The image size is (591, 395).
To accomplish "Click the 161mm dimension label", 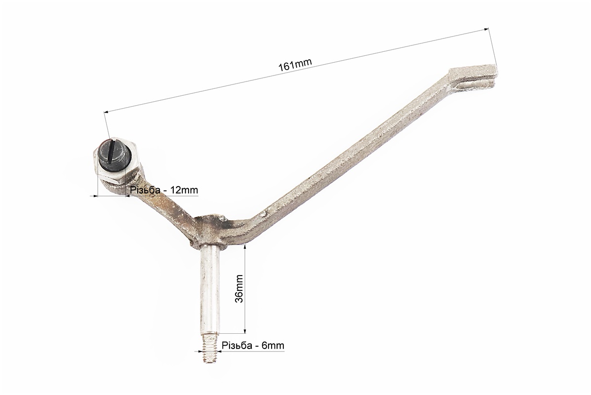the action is click(295, 65).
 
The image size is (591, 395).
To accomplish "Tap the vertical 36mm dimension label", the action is click(239, 288).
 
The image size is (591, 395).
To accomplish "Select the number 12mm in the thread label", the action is click(184, 190).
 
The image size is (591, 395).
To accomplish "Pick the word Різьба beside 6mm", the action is click(237, 345).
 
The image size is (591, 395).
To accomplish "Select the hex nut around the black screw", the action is click(116, 161).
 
